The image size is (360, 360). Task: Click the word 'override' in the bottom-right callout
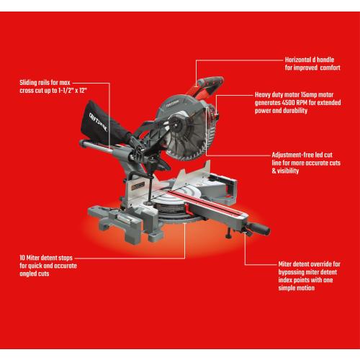(x=306, y=264)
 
